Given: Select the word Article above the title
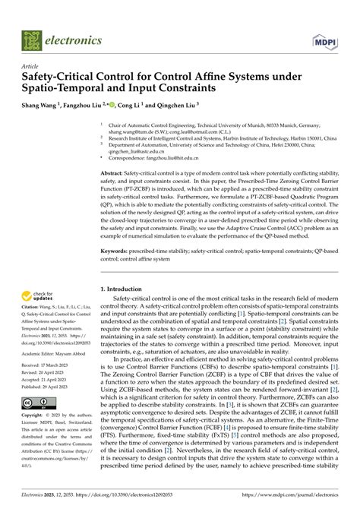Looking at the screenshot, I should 34,66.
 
